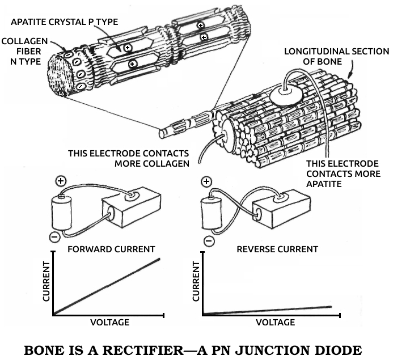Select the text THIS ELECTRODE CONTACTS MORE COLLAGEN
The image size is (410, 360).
coord(128,158)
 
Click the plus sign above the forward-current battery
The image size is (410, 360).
coord(62,182)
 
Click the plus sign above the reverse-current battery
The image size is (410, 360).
coord(206,182)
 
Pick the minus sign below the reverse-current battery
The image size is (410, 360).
coord(209,242)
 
